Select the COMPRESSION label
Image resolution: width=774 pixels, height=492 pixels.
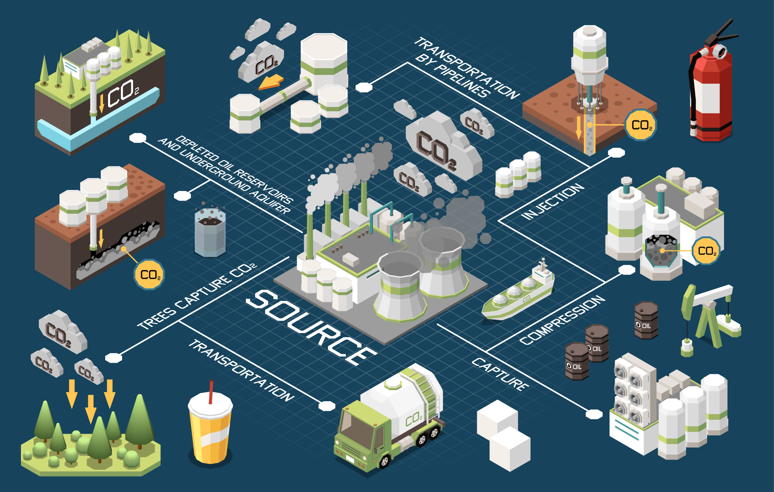[562, 320]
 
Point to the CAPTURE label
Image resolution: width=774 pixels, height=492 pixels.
[500, 374]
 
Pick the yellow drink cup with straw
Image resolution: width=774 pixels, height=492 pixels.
[210, 429]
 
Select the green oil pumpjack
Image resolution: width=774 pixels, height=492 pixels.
[709, 314]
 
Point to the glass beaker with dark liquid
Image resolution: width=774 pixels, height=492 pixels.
[210, 233]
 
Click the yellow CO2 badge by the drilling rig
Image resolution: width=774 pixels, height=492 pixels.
[641, 125]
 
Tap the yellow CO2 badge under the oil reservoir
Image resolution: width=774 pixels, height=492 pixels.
[149, 274]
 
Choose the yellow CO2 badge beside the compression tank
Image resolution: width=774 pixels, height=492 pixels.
[706, 251]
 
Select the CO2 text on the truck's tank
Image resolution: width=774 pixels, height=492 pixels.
[414, 419]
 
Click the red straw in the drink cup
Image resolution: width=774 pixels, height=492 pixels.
[211, 391]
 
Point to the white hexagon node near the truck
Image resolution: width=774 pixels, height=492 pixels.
[327, 406]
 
